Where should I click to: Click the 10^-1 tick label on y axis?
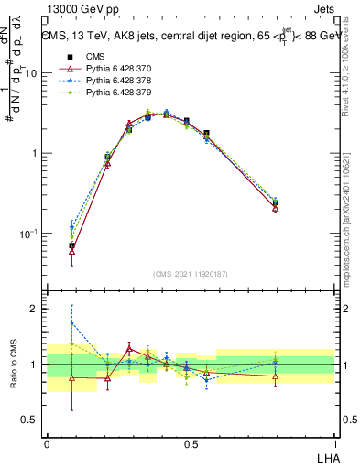tap(29, 234)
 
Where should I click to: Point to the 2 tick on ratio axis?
tap(36, 309)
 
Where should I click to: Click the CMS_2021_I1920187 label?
tap(191, 274)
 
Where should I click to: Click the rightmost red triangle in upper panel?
tap(276, 208)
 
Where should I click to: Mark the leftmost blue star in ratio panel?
tap(72, 322)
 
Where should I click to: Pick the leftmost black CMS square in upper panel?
tap(72, 245)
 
